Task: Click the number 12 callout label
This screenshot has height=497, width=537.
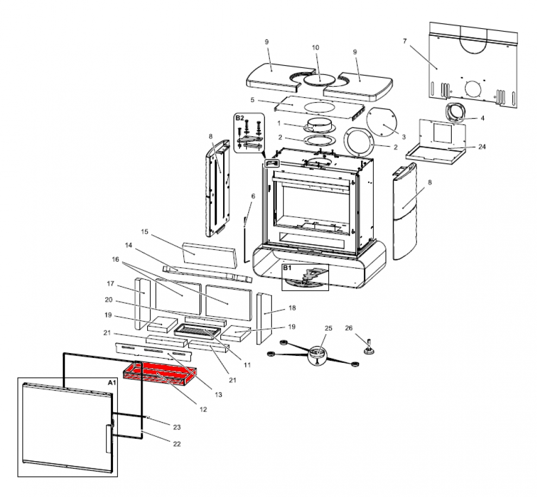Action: tap(203, 409)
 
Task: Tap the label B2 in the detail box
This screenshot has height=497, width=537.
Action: tap(239, 118)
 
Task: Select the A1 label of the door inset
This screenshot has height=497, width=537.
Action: tap(112, 383)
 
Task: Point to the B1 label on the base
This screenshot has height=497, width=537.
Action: tap(287, 268)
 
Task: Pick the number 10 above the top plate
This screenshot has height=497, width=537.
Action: tap(315, 48)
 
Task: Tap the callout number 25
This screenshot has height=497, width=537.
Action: tap(327, 329)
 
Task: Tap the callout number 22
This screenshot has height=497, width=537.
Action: tap(176, 444)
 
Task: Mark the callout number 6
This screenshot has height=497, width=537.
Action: tap(252, 196)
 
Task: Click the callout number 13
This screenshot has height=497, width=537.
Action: tap(218, 395)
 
